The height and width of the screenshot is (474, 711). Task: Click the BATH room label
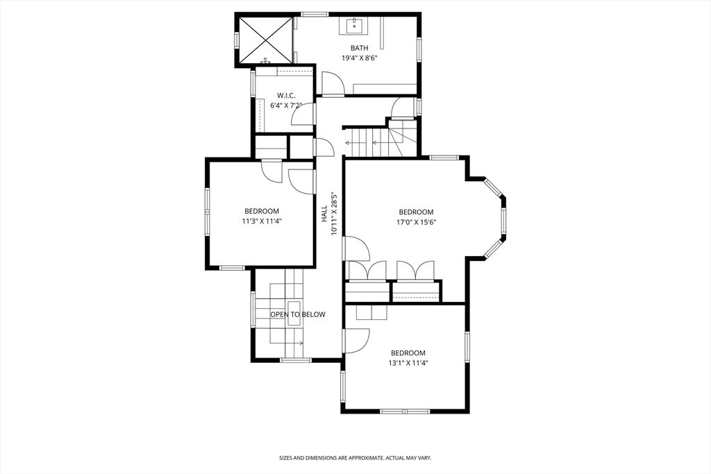(359, 48)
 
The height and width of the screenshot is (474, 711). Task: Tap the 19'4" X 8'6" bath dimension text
(359, 58)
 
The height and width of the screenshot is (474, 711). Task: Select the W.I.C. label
(286, 95)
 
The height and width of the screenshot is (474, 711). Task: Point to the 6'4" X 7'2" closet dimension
(286, 105)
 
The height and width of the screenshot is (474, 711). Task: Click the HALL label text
(324, 214)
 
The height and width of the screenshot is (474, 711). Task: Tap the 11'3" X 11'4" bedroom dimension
(262, 221)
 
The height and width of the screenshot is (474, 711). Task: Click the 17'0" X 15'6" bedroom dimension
(416, 222)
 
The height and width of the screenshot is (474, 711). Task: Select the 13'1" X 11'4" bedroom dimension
(408, 362)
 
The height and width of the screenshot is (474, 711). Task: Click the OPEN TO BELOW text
(298, 314)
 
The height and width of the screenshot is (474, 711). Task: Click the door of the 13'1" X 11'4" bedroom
(357, 340)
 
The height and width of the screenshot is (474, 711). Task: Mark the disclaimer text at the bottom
(355, 458)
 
